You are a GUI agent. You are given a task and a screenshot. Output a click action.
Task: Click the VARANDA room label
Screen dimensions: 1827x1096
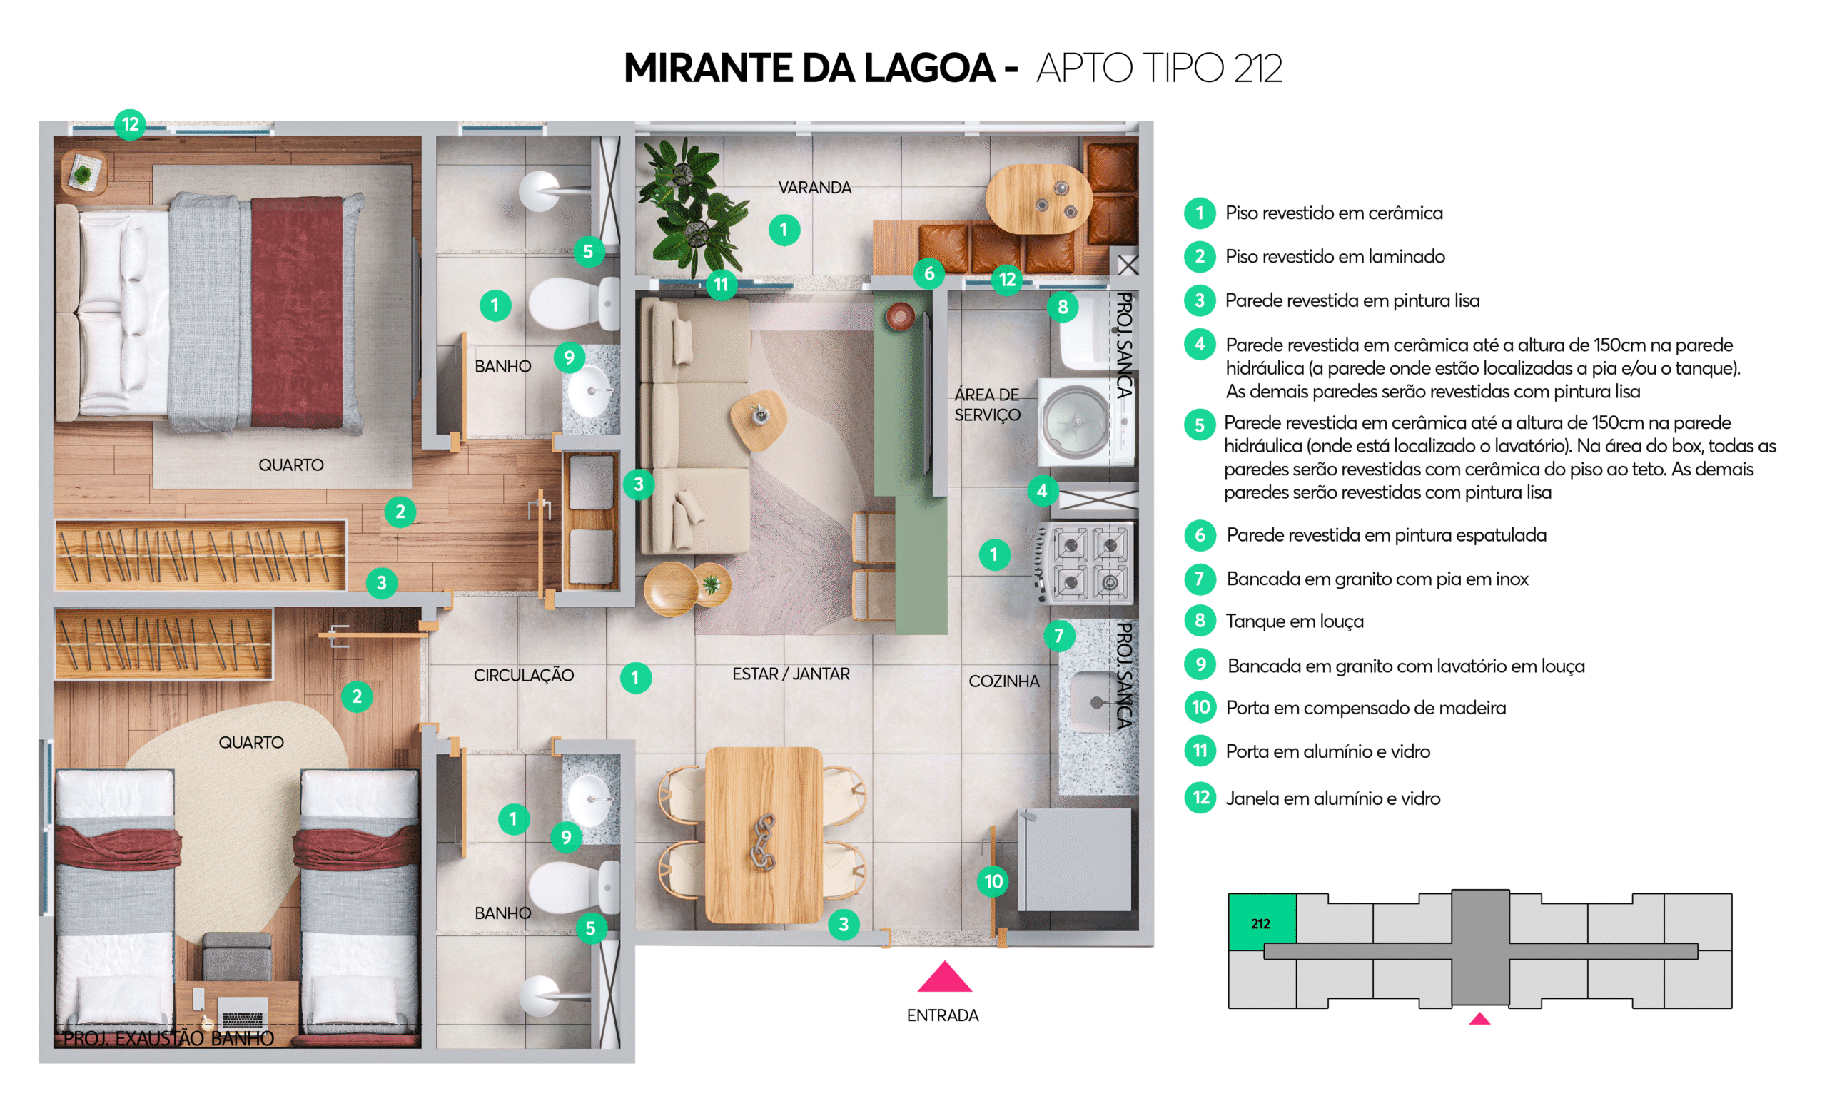(x=814, y=188)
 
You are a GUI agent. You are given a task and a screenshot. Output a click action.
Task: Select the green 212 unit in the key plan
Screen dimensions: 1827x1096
(x=1261, y=922)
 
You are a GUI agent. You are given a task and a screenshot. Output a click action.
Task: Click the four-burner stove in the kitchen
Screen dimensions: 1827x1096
(x=1085, y=564)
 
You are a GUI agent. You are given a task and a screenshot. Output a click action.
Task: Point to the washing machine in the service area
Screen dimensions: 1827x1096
(x=1084, y=422)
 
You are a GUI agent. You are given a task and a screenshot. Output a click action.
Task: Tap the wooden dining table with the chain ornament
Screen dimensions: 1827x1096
(x=764, y=836)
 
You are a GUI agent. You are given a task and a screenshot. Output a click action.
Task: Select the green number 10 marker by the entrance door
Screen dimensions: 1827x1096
(x=993, y=881)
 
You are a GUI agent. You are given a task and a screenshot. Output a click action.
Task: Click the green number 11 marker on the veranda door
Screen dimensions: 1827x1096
(x=721, y=284)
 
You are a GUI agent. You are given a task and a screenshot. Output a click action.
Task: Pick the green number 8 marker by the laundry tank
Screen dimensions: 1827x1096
(x=1063, y=307)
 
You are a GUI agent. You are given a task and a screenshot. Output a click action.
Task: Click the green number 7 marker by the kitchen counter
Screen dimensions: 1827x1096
(x=1059, y=636)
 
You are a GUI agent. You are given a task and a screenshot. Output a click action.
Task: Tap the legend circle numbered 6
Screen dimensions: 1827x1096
(x=1200, y=534)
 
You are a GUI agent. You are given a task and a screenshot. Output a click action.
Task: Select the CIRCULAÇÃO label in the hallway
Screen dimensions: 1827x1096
(x=524, y=675)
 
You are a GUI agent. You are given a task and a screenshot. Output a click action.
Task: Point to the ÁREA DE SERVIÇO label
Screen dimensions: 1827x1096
(x=987, y=405)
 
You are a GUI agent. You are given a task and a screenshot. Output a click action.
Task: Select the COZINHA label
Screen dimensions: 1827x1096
(x=1003, y=681)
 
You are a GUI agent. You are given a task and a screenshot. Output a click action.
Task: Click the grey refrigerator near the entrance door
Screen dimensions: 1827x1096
(x=1075, y=859)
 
